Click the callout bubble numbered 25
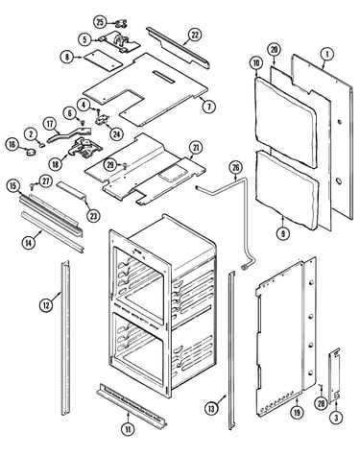(100, 22)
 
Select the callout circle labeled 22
(195, 35)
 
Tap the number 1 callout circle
(327, 54)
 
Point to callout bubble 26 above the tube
(235, 168)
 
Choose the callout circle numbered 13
(211, 408)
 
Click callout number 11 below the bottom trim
(128, 429)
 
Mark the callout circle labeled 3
(336, 417)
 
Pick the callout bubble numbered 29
(110, 165)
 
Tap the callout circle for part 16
(12, 144)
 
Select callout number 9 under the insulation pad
(283, 233)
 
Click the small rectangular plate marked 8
(103, 60)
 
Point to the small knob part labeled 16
(31, 153)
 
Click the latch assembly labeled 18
(84, 149)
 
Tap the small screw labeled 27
(32, 184)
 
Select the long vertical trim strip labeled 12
(65, 338)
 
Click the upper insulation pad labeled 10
(286, 122)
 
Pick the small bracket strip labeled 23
(72, 190)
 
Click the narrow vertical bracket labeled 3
(334, 374)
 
